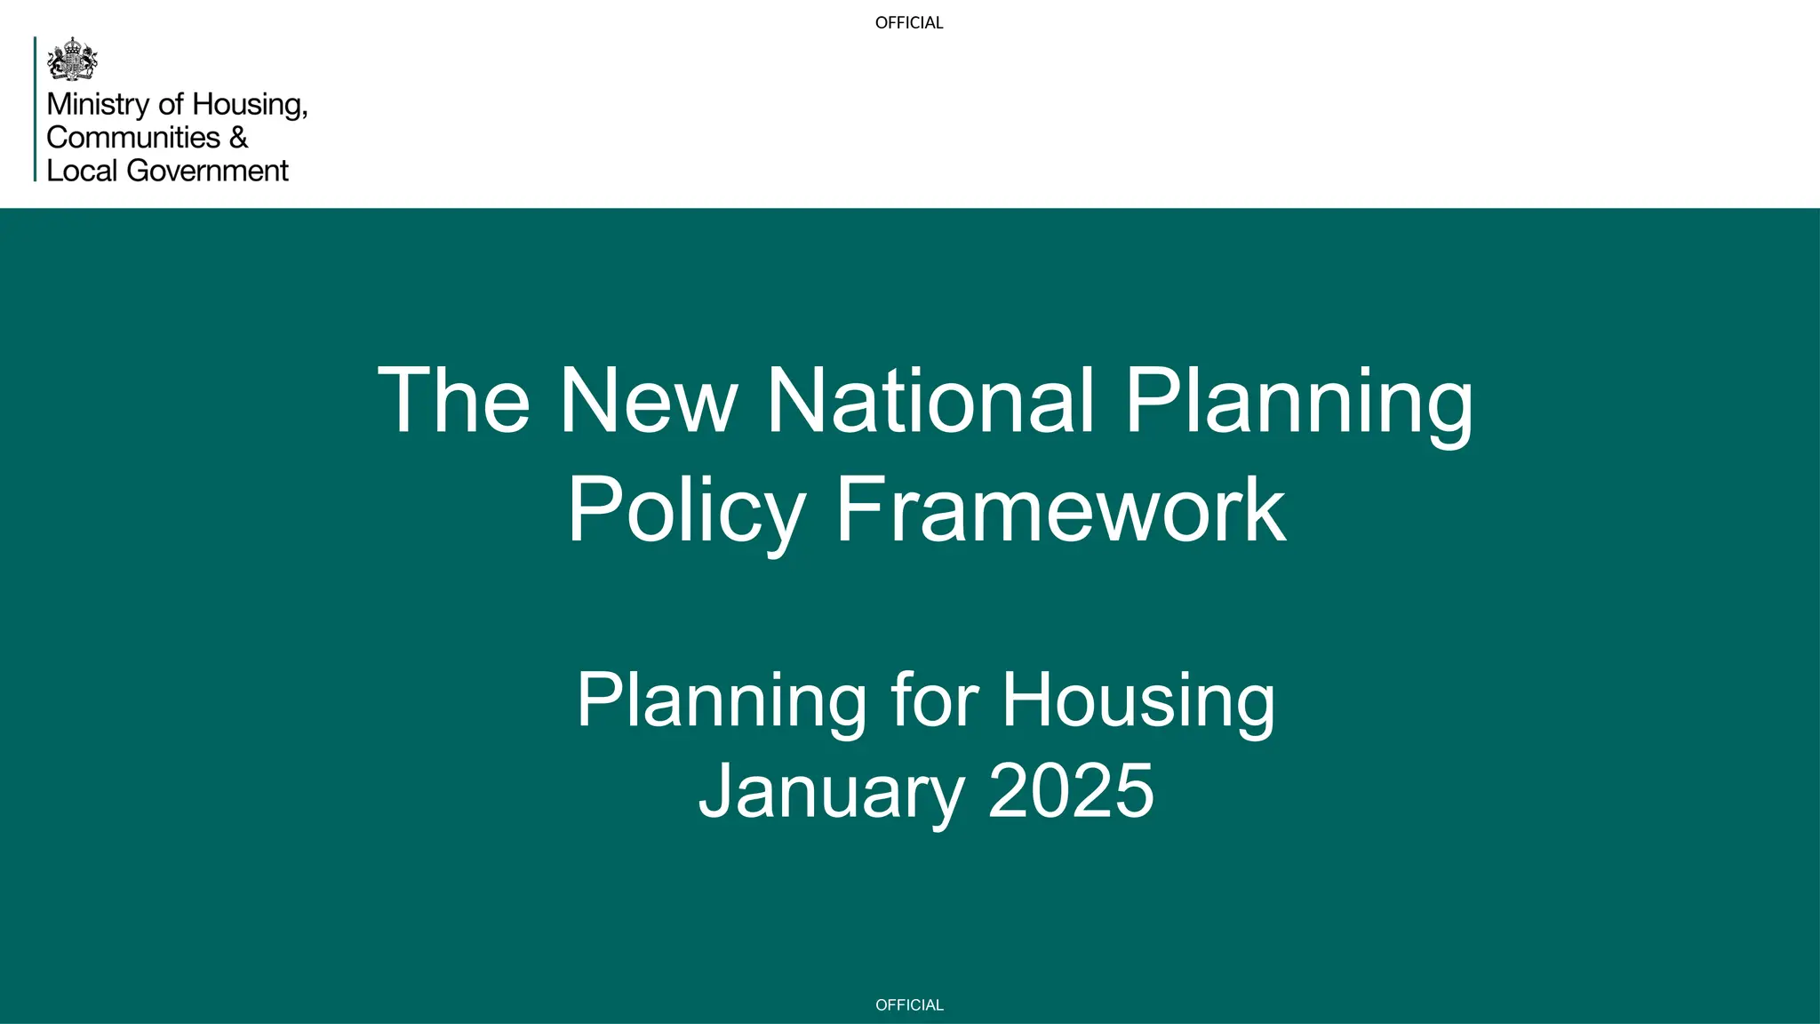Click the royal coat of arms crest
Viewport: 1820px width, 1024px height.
point(72,60)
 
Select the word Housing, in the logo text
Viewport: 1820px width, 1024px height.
point(250,105)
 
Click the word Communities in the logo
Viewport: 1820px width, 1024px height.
point(133,138)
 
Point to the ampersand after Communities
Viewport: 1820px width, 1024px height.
point(238,138)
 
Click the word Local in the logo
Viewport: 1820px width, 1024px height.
point(82,171)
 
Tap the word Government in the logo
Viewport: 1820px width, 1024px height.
point(208,171)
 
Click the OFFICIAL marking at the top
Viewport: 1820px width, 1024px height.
point(909,23)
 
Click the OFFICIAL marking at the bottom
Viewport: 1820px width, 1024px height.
point(909,1005)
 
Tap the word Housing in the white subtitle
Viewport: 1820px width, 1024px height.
point(1138,702)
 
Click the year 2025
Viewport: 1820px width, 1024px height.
point(1071,791)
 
